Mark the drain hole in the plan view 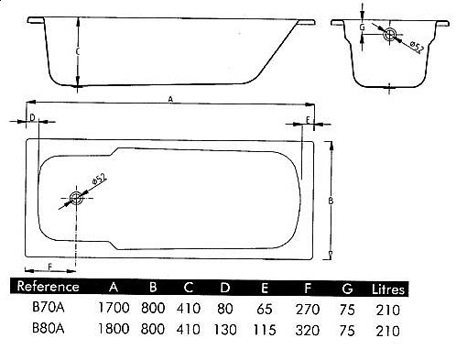tap(76, 196)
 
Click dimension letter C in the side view tap(78, 54)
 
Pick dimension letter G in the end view tap(364, 28)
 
